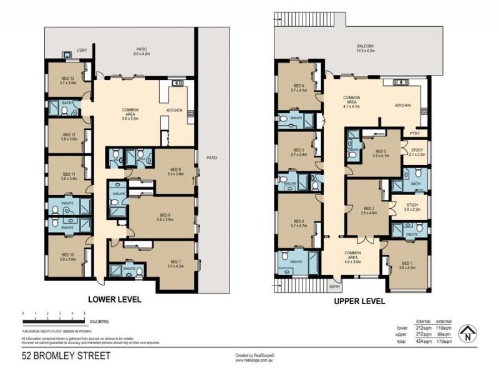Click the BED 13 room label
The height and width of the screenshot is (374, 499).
tap(68, 79)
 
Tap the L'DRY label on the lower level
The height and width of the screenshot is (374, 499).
tap(82, 50)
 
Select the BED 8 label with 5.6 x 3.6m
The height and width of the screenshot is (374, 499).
tap(164, 216)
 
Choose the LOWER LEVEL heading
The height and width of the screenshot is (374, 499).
tap(114, 299)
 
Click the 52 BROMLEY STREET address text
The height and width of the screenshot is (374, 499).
tap(66, 356)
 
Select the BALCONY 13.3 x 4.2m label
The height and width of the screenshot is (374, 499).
tap(366, 49)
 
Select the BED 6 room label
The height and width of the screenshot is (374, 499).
tap(299, 88)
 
